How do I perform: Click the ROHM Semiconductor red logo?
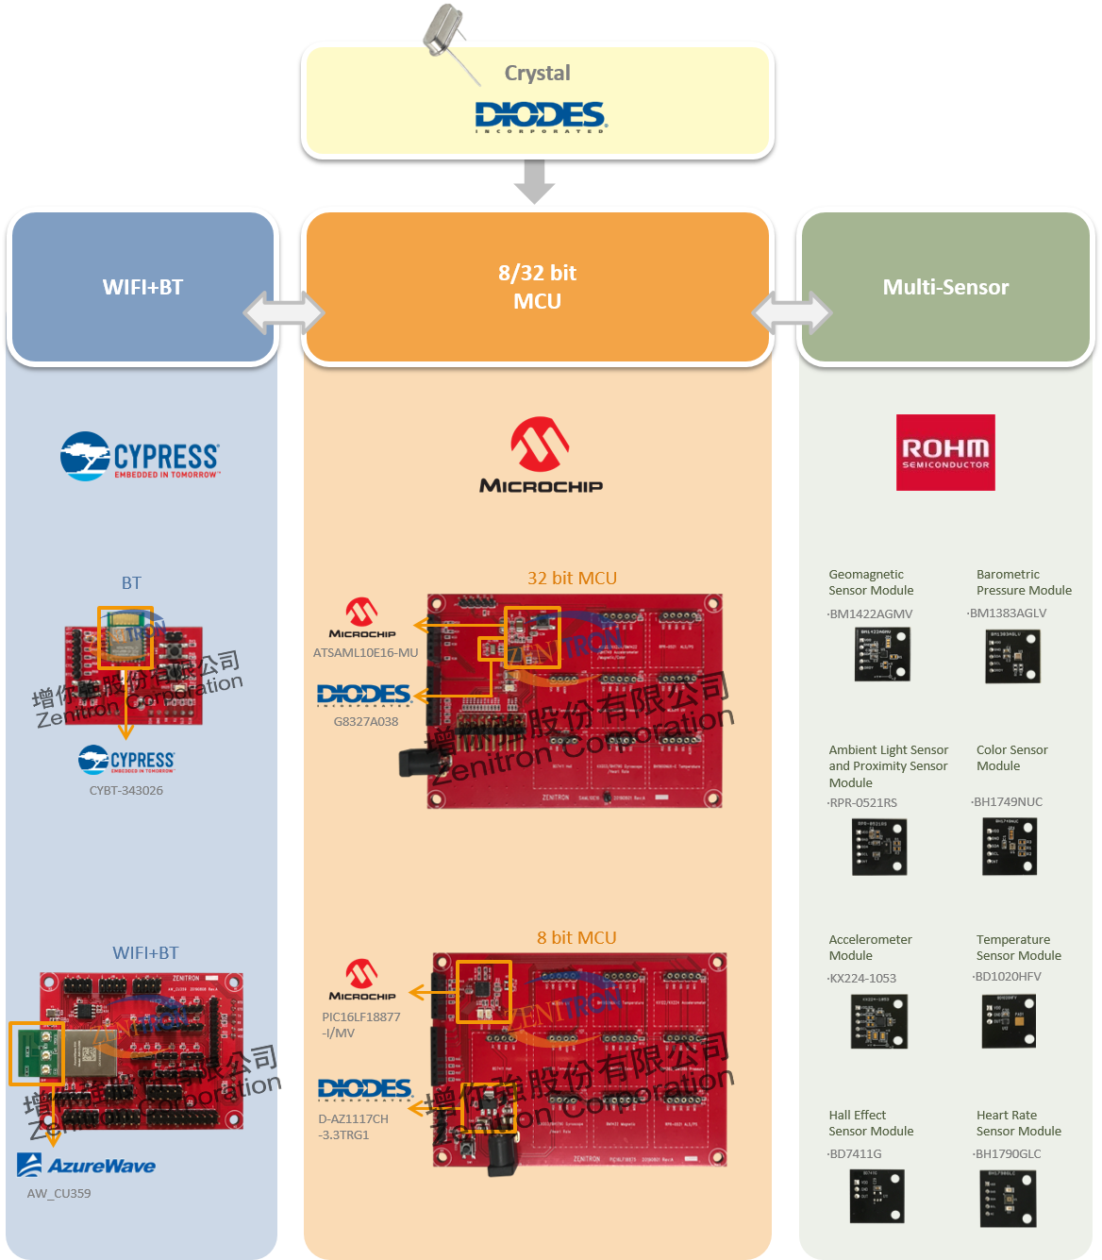click(945, 452)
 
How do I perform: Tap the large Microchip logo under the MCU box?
click(541, 456)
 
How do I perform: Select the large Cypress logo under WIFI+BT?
click(141, 457)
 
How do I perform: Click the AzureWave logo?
click(87, 1166)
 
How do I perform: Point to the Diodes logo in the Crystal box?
click(540, 116)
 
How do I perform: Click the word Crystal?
click(537, 73)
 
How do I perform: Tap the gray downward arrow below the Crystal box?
click(534, 182)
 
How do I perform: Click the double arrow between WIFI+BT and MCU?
click(284, 312)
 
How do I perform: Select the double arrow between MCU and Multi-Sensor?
click(792, 312)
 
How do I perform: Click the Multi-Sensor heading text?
click(945, 287)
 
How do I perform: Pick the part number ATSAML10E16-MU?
click(365, 652)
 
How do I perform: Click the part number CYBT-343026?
click(126, 790)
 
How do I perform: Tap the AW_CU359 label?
click(58, 1193)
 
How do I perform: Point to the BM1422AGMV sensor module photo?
click(883, 654)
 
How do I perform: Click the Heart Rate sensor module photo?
click(1008, 1199)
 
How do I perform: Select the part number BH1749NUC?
click(1007, 801)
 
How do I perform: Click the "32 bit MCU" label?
click(572, 578)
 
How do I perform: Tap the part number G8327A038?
click(366, 721)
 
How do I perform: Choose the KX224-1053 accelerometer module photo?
click(878, 1021)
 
